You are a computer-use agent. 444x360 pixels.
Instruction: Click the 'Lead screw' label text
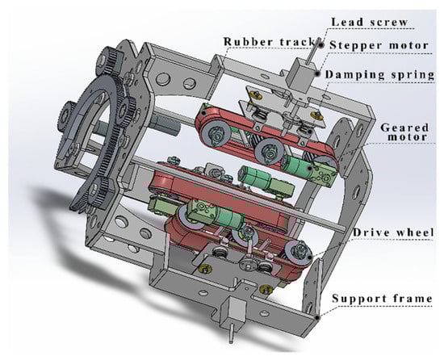tap(369, 22)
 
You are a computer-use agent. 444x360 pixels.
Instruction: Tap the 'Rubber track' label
tap(270, 42)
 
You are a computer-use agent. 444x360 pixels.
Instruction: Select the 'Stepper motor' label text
tap(379, 45)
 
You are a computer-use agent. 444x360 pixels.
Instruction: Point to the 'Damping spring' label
tap(379, 74)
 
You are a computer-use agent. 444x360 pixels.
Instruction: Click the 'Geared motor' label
tap(404, 132)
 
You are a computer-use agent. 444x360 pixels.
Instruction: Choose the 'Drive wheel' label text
tap(393, 232)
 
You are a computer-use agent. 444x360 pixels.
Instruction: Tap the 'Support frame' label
tap(382, 299)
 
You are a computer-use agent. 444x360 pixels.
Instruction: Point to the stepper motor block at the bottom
tap(233, 312)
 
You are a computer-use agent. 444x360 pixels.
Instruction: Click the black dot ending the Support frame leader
tap(318, 317)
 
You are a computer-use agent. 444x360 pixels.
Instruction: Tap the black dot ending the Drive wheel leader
tap(309, 257)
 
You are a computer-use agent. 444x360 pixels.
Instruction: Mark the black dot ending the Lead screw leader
tap(321, 44)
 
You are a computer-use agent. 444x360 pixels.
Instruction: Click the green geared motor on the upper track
tap(295, 166)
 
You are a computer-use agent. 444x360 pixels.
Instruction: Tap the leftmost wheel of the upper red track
tap(217, 135)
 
